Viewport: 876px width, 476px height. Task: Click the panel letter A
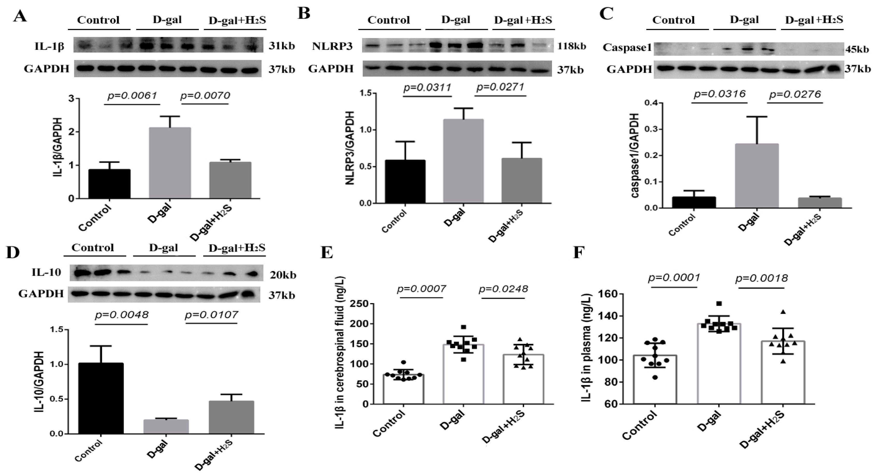click(x=20, y=16)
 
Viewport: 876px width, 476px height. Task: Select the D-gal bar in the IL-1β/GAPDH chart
click(x=170, y=163)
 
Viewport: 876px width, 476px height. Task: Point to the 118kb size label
click(x=571, y=46)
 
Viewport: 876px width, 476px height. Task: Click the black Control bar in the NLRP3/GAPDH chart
click(x=405, y=182)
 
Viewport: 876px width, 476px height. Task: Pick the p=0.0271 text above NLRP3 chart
click(x=500, y=87)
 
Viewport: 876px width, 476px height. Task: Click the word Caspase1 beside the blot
click(x=627, y=48)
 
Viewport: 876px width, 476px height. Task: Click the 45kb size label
click(x=857, y=50)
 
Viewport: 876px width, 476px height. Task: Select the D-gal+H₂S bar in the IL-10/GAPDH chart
click(x=231, y=417)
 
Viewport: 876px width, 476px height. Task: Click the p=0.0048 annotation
click(x=121, y=315)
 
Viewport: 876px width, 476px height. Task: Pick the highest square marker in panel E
click(x=463, y=327)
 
